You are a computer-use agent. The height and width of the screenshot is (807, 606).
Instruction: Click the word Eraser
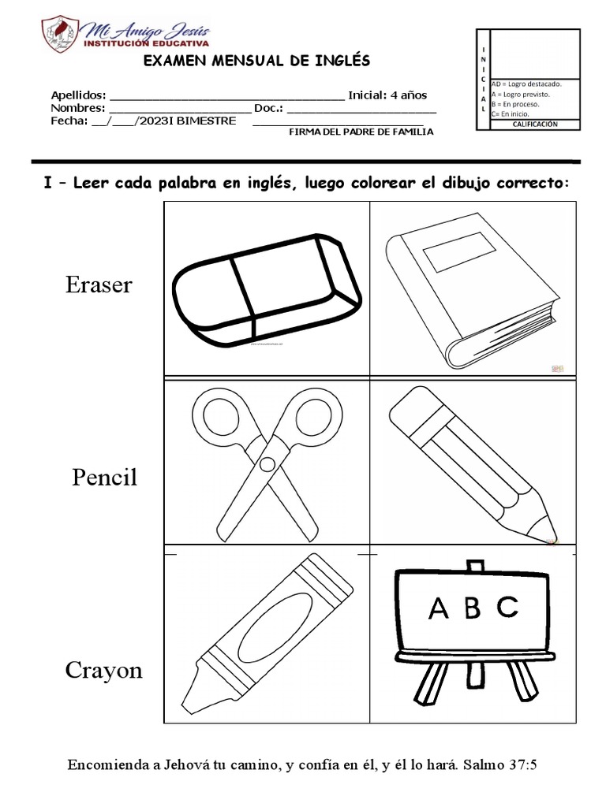(99, 285)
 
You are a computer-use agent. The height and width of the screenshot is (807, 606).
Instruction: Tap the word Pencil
(104, 478)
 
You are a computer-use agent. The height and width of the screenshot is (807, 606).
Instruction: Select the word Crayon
(104, 671)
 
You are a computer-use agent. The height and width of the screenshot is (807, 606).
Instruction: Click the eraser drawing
(266, 288)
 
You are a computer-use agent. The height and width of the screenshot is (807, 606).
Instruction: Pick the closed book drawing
(470, 289)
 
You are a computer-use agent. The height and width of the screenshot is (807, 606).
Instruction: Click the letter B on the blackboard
(473, 609)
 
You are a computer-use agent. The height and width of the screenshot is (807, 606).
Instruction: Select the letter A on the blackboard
(437, 609)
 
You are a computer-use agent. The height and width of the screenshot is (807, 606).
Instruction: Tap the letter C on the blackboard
(507, 608)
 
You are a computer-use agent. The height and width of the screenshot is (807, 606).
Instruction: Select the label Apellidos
(78, 95)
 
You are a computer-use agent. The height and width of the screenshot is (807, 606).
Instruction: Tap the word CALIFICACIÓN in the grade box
(534, 125)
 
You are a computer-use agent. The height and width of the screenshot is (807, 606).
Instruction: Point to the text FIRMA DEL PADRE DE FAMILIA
(361, 132)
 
